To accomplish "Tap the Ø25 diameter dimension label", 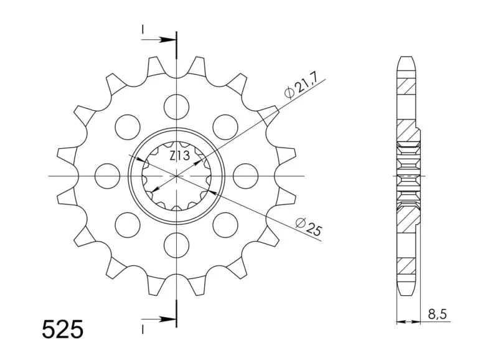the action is [309, 227].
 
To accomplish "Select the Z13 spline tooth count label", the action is [180, 156].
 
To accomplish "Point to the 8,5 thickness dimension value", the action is [437, 315].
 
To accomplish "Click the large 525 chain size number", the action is [63, 329].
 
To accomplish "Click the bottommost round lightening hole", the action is [177, 245].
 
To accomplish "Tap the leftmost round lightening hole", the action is [108, 176].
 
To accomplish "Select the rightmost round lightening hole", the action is [245, 176].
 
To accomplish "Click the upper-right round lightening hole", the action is [225, 127].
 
